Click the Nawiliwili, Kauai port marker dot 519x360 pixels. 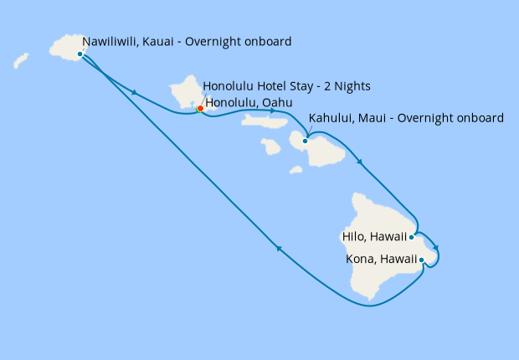tap(80, 54)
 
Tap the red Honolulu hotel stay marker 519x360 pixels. tap(200, 108)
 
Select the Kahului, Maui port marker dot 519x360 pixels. tap(305, 141)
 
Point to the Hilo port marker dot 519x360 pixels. tap(411, 237)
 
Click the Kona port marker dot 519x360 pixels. tap(421, 260)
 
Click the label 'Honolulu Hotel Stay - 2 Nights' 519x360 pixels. tap(286, 86)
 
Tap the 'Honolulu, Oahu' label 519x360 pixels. tap(249, 103)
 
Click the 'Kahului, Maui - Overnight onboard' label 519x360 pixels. tap(406, 118)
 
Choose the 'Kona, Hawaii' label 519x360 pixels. tap(381, 260)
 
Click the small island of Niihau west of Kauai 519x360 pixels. tap(21, 60)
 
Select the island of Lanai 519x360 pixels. tap(270, 147)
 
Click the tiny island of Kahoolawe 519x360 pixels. tap(295, 170)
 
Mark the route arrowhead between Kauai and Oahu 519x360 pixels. tap(135, 91)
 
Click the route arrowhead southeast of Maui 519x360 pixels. tap(360, 162)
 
